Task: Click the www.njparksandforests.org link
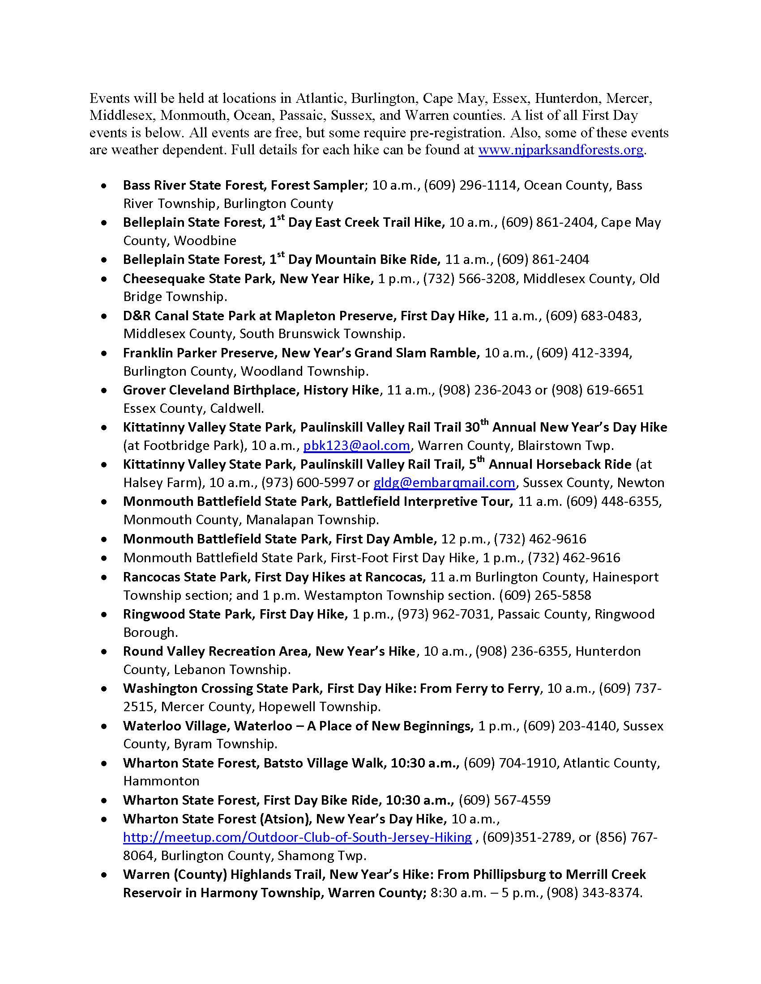pyautogui.click(x=560, y=150)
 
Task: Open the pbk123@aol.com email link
pyautogui.click(x=356, y=445)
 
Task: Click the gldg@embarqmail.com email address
pyautogui.click(x=444, y=483)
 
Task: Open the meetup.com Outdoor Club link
pyautogui.click(x=297, y=837)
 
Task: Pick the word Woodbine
pyautogui.click(x=205, y=241)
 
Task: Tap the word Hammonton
pyautogui.click(x=161, y=781)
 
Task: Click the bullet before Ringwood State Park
pyautogui.click(x=105, y=615)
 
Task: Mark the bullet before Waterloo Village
pyautogui.click(x=105, y=726)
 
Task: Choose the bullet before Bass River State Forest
pyautogui.click(x=105, y=186)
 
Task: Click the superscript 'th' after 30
pyautogui.click(x=484, y=423)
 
